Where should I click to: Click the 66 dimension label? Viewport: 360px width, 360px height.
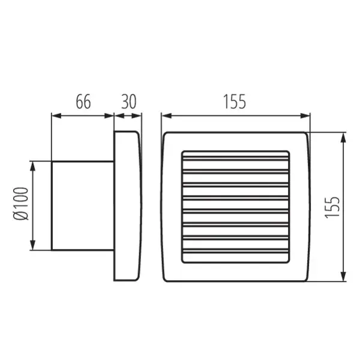(83, 102)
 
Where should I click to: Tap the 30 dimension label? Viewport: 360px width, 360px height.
(128, 102)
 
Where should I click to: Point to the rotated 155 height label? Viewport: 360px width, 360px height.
(334, 206)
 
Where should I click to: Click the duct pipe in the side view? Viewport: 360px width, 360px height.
(82, 205)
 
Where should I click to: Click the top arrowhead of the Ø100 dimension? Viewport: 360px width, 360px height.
(34, 164)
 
